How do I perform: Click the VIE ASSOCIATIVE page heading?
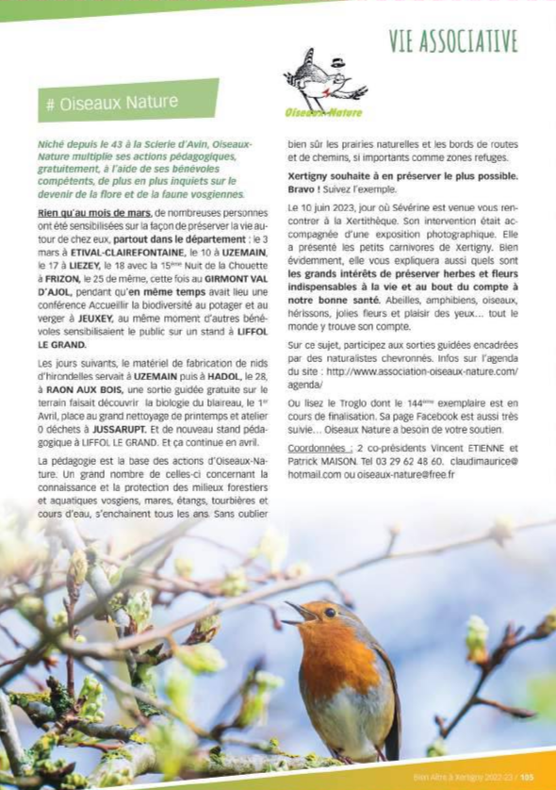[452, 41]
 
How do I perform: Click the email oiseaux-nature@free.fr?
[410, 474]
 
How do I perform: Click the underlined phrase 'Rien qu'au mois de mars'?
[92, 214]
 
